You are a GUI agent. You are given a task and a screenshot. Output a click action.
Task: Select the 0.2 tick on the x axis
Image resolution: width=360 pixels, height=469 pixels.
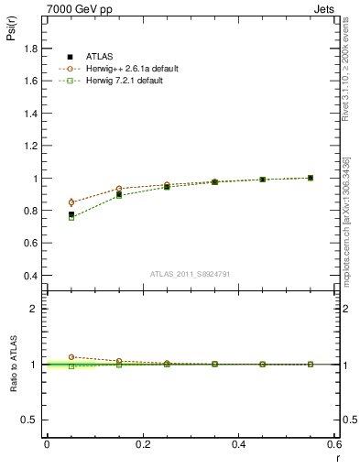pyautogui.click(x=142, y=444)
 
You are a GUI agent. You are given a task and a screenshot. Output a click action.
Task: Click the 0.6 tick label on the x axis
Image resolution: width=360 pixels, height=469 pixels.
pyautogui.click(x=334, y=444)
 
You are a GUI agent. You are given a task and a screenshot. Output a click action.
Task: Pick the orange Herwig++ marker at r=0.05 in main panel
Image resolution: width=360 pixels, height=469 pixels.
pyautogui.click(x=71, y=202)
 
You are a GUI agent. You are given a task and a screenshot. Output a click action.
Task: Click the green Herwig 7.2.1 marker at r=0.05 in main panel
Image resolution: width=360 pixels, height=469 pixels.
pyautogui.click(x=71, y=218)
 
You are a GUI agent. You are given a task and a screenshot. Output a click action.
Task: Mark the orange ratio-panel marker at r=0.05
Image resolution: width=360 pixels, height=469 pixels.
pyautogui.click(x=71, y=357)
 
